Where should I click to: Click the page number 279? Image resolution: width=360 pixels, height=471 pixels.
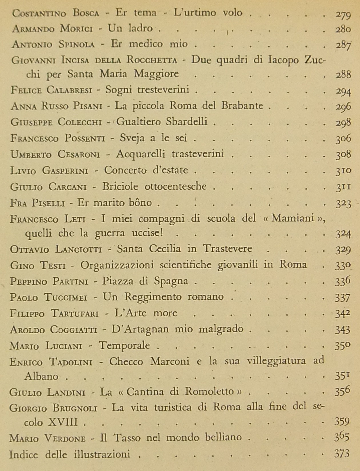click(343, 14)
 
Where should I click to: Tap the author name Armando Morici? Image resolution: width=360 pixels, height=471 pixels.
click(54, 29)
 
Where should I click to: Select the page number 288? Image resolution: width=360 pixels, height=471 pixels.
click(343, 75)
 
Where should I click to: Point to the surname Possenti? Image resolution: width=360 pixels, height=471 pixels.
click(85, 138)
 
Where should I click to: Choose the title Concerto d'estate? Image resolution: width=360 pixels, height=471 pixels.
click(146, 170)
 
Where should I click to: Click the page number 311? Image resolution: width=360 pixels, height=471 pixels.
click(343, 187)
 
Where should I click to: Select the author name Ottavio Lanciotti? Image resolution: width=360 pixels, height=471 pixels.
click(56, 249)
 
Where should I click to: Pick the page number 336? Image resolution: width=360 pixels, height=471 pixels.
click(343, 281)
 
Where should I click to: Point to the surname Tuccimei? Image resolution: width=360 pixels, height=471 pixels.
click(65, 297)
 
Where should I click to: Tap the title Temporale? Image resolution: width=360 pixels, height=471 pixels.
click(124, 346)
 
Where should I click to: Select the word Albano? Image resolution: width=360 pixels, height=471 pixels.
click(41, 376)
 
